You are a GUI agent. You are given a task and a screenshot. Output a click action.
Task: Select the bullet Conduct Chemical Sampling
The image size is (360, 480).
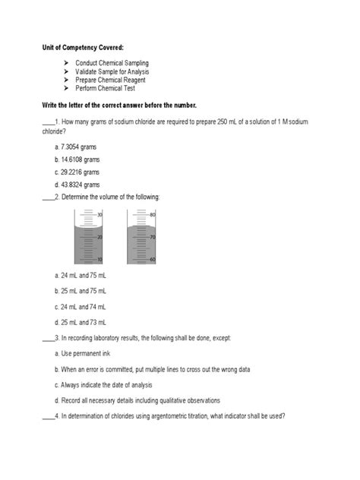pyautogui.click(x=112, y=62)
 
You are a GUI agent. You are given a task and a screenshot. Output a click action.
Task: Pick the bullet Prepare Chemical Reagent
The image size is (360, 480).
pyautogui.click(x=110, y=80)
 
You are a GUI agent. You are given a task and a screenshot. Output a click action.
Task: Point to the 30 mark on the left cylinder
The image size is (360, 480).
pyautogui.click(x=99, y=215)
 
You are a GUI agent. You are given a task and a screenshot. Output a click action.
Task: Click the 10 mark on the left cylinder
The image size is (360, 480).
pyautogui.click(x=99, y=260)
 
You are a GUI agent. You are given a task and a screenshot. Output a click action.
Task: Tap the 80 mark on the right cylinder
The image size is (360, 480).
pyautogui.click(x=153, y=215)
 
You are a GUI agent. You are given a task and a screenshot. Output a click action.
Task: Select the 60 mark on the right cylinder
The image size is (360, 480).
pyautogui.click(x=153, y=260)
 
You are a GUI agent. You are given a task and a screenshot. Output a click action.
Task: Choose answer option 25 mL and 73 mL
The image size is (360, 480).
pyautogui.click(x=81, y=323)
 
